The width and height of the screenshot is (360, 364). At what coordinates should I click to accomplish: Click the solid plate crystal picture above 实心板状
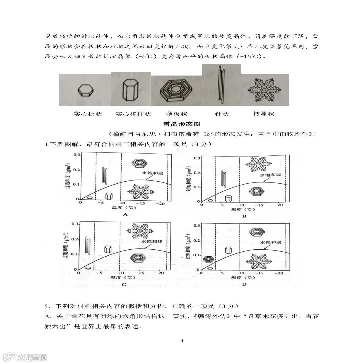click(86, 90)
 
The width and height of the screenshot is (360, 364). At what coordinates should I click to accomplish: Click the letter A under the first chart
click(125, 214)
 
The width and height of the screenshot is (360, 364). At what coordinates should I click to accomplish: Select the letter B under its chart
click(244, 216)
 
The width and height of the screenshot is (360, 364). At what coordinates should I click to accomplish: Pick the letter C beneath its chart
click(124, 284)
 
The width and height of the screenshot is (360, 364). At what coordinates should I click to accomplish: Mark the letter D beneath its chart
click(244, 284)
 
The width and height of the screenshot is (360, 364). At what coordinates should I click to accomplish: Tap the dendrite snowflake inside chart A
click(140, 192)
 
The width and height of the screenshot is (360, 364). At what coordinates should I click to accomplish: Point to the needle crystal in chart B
click(224, 178)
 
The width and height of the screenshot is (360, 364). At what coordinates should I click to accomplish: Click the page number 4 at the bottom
click(182, 341)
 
